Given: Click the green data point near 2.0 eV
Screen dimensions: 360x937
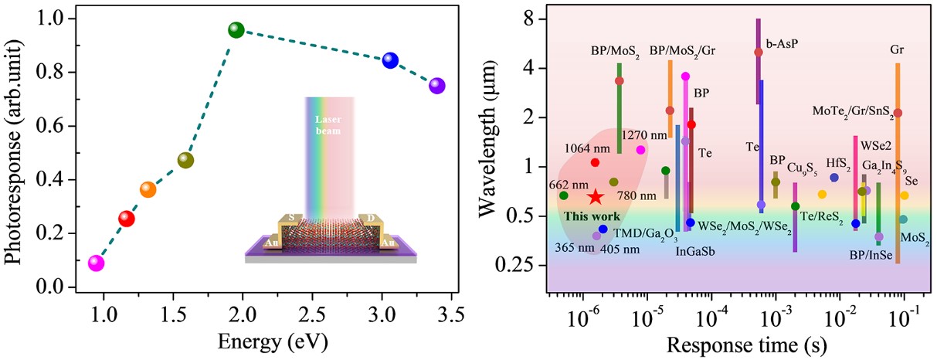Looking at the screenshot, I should tap(236, 30).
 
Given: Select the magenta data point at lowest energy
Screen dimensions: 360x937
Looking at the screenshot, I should tap(96, 263).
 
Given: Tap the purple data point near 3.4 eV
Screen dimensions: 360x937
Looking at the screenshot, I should tap(437, 86).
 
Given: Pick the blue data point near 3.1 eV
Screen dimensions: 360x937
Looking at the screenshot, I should tap(390, 60).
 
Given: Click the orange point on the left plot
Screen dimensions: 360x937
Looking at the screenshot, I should tap(148, 189).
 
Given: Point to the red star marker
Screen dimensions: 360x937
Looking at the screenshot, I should tap(594, 198).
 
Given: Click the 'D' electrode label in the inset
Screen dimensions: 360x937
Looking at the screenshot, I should tap(371, 219).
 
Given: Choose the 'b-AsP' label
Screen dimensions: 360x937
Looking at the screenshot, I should tap(782, 44).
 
